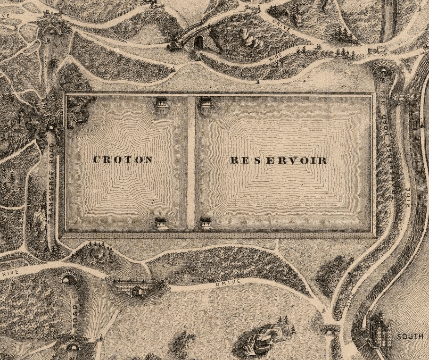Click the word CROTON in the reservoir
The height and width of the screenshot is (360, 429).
coord(123,159)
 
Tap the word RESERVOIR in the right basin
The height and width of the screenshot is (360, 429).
coord(279,160)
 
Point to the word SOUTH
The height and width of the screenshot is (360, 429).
coord(409,336)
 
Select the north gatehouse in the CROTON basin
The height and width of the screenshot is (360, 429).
coord(161,102)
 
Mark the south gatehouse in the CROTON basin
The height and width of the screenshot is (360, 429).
coord(161,222)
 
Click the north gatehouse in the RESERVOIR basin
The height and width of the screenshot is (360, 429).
coord(206,102)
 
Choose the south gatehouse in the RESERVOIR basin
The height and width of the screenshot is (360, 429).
coord(206,222)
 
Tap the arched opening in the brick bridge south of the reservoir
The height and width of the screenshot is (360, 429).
coord(137,292)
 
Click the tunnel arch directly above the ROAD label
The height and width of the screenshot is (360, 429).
coord(69,279)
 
